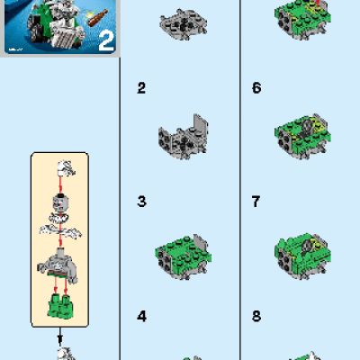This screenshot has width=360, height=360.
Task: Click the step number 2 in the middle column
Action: pyautogui.click(x=140, y=88)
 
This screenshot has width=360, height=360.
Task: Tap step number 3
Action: pyautogui.click(x=140, y=202)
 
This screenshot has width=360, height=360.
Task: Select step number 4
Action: pyautogui.click(x=140, y=316)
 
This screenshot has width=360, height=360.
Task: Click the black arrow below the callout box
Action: pyautogui.click(x=61, y=340)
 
